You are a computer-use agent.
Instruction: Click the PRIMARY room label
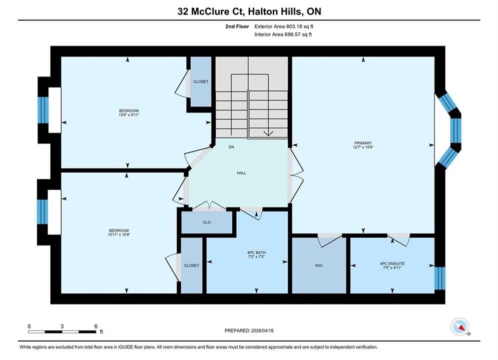363,143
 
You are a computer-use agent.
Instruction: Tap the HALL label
241,173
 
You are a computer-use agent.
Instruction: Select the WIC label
319,265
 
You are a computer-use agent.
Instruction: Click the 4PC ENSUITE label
392,263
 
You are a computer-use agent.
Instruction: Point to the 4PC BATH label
256,253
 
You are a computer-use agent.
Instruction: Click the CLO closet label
207,222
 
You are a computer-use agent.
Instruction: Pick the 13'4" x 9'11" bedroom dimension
129,115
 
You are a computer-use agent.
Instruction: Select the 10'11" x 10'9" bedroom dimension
119,234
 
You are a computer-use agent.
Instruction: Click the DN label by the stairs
231,147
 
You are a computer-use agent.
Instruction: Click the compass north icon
459,326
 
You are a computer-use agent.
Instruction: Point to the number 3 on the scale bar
62,326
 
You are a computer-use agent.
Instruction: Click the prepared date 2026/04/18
262,330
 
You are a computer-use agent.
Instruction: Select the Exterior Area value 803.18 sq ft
299,26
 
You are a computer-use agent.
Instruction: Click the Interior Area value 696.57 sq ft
298,34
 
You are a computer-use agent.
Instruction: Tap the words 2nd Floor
237,26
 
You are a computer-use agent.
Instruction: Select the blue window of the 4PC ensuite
440,278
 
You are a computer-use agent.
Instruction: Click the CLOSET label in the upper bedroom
201,81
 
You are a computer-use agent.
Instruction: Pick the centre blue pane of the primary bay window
456,130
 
